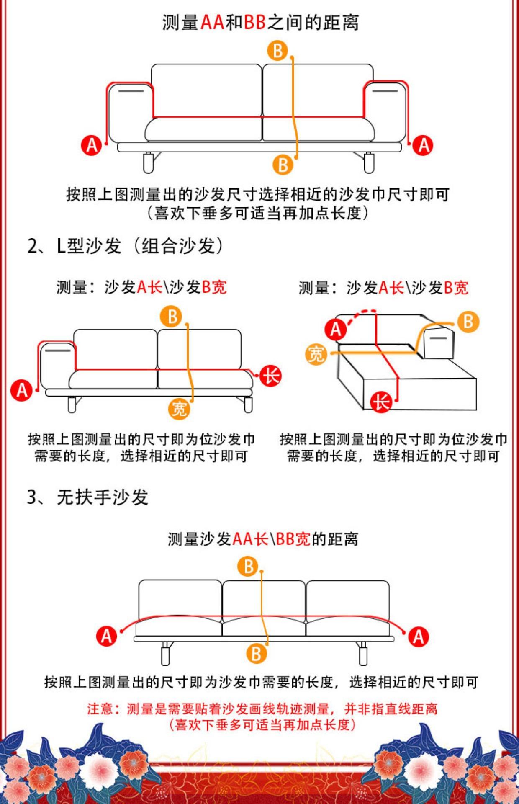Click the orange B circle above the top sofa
click(x=277, y=51)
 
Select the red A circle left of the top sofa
click(x=92, y=145)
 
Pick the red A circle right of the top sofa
click(x=423, y=145)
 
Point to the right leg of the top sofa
click(x=368, y=162)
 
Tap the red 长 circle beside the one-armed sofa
click(x=270, y=376)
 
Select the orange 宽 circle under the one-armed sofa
click(x=179, y=408)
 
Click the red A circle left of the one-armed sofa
click(x=22, y=390)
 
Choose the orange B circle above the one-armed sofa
click(x=172, y=317)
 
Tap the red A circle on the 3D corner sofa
click(x=336, y=329)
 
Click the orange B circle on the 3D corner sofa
click(x=468, y=322)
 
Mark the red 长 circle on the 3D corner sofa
click(x=381, y=402)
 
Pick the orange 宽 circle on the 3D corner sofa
click(x=316, y=354)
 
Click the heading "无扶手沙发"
click(x=103, y=497)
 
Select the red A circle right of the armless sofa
click(x=418, y=637)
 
